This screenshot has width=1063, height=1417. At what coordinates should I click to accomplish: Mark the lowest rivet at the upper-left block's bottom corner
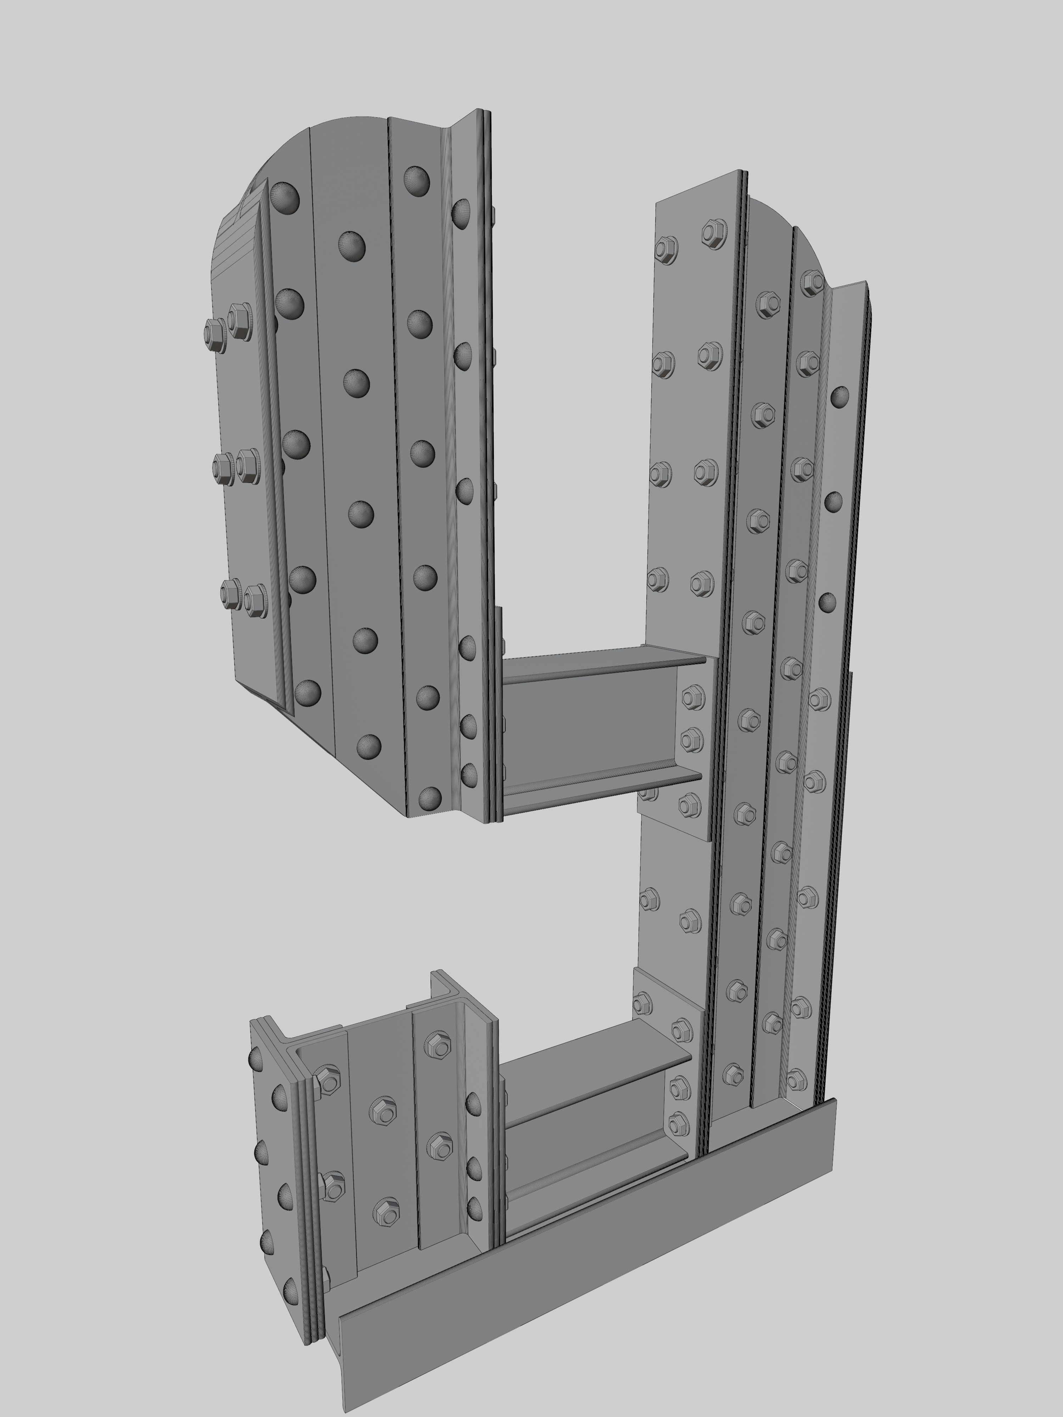click(x=430, y=797)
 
